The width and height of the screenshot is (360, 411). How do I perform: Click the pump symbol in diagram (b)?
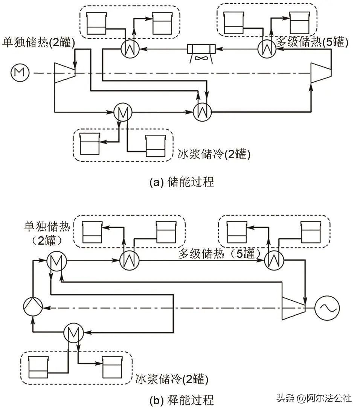tap(33, 307)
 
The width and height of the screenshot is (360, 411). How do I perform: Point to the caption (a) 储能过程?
tap(182, 182)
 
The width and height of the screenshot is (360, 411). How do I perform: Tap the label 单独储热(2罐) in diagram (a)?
tap(39, 42)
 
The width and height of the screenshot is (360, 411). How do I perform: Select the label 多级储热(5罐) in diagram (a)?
tap(312, 42)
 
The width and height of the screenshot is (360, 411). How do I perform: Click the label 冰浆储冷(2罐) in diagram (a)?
tap(214, 154)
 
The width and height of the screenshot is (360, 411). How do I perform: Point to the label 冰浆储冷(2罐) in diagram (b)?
tap(171, 378)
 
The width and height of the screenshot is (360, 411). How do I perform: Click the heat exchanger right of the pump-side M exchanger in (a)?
tap(203, 111)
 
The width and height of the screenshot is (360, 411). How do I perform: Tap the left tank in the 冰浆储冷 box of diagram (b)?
tap(38, 367)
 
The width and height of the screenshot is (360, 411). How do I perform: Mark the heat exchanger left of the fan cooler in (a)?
tap(130, 49)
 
